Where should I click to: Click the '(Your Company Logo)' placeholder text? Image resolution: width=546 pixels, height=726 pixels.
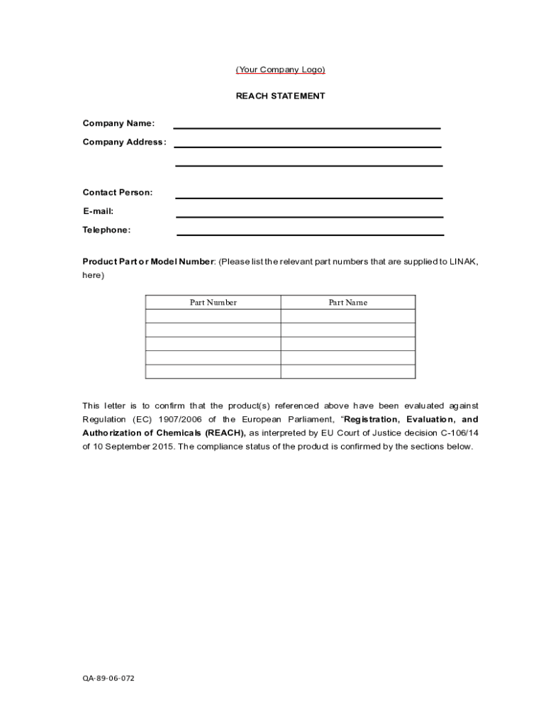280,69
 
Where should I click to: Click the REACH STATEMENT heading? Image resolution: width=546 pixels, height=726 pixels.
280,96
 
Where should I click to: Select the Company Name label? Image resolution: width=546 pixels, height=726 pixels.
118,123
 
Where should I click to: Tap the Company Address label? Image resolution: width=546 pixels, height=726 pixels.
124,142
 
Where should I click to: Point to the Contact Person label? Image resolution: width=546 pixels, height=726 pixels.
117,192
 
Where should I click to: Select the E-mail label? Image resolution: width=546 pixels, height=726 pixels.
98,211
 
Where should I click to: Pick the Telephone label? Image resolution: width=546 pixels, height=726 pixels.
106,230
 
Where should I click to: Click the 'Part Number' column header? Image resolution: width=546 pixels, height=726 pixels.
213,303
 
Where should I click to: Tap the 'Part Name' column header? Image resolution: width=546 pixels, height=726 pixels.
347,303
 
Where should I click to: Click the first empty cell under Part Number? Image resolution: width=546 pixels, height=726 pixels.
213,316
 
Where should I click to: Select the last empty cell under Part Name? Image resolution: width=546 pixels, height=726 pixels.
347,372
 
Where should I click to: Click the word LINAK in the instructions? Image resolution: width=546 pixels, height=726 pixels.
463,262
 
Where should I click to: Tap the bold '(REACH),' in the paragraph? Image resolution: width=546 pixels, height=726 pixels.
225,432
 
